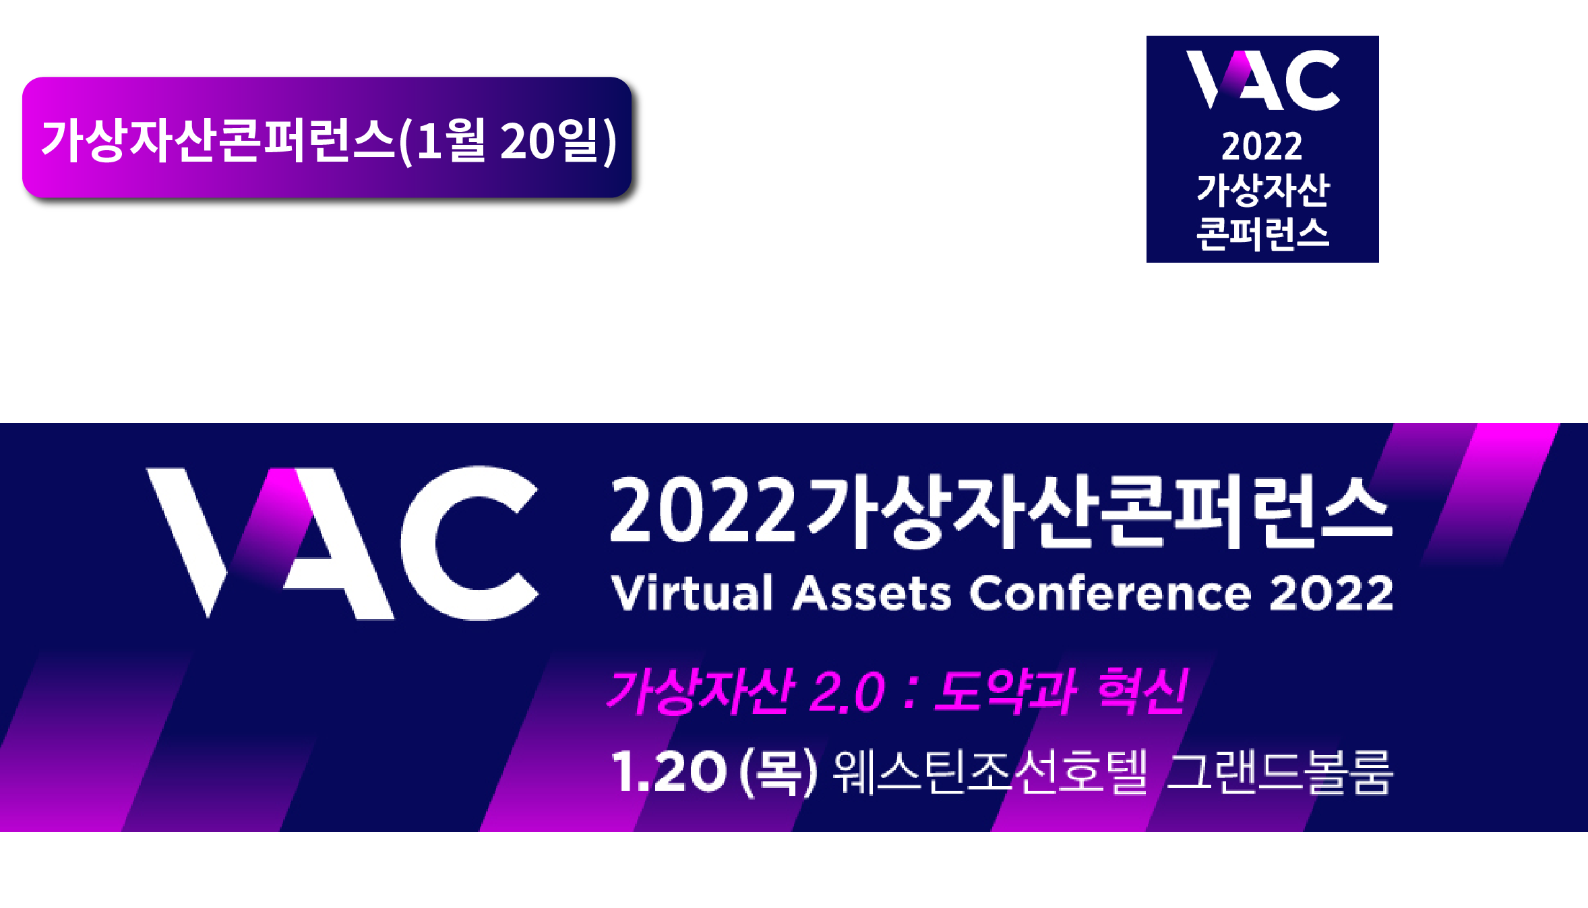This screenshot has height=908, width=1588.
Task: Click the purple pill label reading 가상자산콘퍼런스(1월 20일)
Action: click(x=327, y=137)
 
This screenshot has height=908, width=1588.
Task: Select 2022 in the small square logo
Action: click(x=1262, y=146)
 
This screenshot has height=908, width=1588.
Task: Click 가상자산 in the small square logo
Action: click(x=1262, y=189)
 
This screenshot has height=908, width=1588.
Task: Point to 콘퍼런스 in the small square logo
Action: click(x=1262, y=234)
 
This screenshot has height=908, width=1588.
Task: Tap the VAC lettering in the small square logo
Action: click(x=1263, y=79)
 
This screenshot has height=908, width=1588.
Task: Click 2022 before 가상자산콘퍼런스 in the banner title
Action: click(x=703, y=509)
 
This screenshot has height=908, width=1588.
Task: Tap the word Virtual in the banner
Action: click(x=692, y=593)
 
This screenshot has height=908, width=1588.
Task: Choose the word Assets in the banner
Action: click(x=872, y=593)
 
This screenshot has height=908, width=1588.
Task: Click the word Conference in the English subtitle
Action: click(x=1111, y=593)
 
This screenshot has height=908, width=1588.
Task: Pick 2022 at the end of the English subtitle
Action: click(x=1331, y=593)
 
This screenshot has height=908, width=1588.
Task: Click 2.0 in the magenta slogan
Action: click(x=847, y=691)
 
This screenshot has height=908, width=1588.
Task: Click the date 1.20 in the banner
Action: click(x=669, y=771)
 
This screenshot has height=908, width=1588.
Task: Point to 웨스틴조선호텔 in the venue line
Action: click(x=990, y=772)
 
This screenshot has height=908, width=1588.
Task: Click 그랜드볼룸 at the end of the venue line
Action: click(x=1279, y=772)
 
